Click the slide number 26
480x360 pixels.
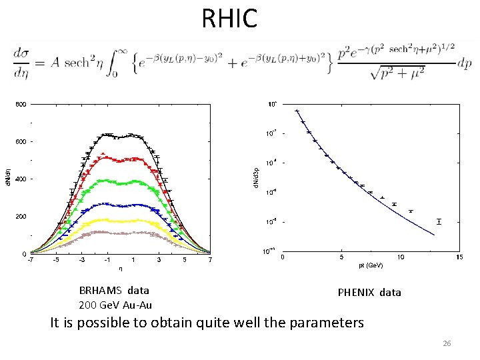[447, 343]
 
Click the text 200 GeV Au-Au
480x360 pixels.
[115, 305]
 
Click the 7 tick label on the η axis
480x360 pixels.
[210, 261]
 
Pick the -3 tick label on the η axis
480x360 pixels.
[81, 261]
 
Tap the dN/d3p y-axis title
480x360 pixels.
[256, 177]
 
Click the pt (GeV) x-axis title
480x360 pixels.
[371, 265]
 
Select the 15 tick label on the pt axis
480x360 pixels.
[459, 257]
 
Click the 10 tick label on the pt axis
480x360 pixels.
[400, 257]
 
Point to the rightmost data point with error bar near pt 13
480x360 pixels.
[439, 221]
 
